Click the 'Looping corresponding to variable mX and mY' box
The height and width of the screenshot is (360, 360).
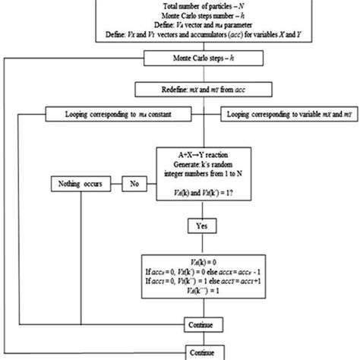click(x=286, y=115)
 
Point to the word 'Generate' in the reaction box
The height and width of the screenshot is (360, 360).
click(x=176, y=164)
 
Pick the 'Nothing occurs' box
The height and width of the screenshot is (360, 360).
click(x=84, y=183)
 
